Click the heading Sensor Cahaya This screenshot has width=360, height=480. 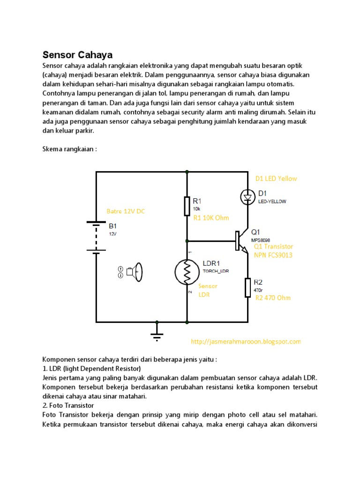(x=78, y=54)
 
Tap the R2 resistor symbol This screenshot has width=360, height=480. (x=247, y=287)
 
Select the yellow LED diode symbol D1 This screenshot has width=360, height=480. (x=247, y=197)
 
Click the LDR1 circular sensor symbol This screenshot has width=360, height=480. (x=187, y=272)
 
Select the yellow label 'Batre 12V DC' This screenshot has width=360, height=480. (x=126, y=211)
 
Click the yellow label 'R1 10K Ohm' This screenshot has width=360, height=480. (x=210, y=217)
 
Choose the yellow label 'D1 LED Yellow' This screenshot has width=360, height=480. (x=276, y=179)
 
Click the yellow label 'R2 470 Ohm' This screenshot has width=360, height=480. (x=273, y=298)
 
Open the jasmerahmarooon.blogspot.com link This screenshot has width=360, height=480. (x=246, y=342)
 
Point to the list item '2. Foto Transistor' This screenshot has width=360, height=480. (x=68, y=405)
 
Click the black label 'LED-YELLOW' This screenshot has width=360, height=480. (x=272, y=202)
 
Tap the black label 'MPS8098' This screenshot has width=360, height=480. (x=261, y=240)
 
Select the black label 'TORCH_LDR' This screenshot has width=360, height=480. (x=216, y=271)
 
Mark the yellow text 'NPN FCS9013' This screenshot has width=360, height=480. (x=273, y=255)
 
